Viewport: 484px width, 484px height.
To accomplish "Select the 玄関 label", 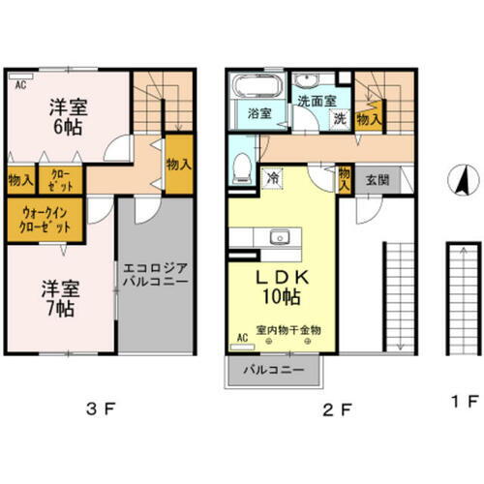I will [377, 180].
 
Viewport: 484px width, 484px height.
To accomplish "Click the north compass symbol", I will [462, 179].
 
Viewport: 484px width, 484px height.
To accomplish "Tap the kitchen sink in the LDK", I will [282, 236].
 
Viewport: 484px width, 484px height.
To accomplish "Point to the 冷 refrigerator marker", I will [272, 177].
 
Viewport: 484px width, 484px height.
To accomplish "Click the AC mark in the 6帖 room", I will [19, 84].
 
